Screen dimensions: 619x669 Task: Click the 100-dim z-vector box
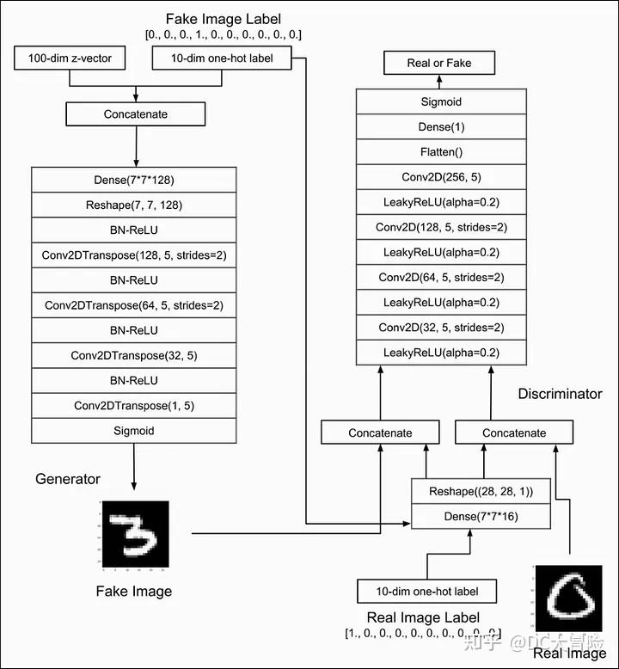coord(70,58)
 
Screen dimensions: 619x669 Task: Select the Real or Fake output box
coord(439,63)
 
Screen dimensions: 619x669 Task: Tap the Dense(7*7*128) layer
coord(134,180)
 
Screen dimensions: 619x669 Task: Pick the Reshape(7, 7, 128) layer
coord(134,205)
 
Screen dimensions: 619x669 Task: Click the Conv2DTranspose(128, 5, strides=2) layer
coord(134,255)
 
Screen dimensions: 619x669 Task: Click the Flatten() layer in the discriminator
coord(441,152)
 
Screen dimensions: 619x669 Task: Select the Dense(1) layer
coord(441,126)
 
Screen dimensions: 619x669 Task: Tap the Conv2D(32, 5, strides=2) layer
coord(441,328)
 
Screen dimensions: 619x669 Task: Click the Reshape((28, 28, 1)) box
coord(481,491)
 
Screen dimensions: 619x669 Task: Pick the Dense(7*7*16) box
coord(481,516)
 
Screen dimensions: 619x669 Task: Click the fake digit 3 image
coord(136,534)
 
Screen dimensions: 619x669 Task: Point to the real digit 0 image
coord(568,598)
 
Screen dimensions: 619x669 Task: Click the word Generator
coord(68,479)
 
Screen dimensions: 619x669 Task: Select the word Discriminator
coord(561,393)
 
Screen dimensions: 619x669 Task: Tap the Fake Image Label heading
coord(224,19)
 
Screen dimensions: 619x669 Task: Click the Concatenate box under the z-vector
coord(136,114)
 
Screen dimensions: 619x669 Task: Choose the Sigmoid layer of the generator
coord(134,431)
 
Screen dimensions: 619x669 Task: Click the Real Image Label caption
coord(423,617)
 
